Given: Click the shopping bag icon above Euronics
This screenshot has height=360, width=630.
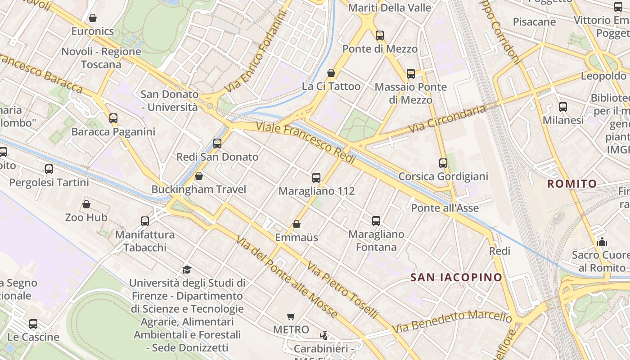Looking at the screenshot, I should tap(93, 18).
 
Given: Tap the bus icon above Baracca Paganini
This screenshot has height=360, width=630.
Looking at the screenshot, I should tap(113, 118).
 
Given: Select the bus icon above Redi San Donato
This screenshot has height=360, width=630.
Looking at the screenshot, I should tap(217, 144).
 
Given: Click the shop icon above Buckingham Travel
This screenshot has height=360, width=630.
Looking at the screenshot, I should tap(199, 176).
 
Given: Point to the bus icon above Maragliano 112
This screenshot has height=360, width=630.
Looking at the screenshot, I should tap(316, 178).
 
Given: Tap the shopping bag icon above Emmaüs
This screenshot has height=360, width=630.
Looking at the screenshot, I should tap(297, 224).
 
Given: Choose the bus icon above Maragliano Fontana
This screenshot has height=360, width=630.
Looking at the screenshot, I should tap(376, 221).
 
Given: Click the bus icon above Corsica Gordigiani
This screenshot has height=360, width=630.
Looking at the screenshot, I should tap(443, 163).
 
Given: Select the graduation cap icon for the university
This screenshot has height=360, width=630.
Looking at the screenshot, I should tap(187, 270).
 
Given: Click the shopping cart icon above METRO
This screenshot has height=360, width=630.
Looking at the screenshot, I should tap(291, 316).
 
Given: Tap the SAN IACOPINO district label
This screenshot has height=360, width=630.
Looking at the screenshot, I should tap(456, 277).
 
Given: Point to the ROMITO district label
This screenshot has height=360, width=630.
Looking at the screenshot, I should tap(572, 184).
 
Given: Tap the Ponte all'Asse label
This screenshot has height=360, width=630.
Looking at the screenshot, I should tap(445, 208).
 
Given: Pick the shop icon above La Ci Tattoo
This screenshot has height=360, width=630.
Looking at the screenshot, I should tap(331, 73).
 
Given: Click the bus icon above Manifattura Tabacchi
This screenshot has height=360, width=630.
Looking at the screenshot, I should tap(145, 221).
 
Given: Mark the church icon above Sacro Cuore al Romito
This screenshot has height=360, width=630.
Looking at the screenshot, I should tap(602, 242).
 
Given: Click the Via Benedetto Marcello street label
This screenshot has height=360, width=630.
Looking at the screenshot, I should tap(452, 321).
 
